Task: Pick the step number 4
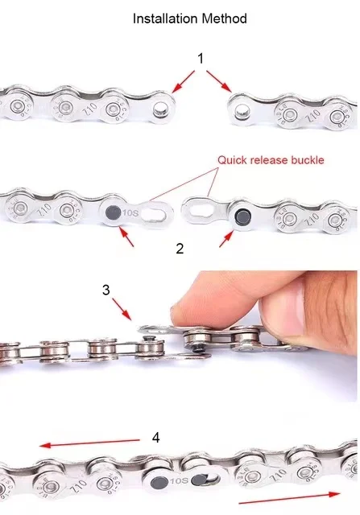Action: (x=155, y=439)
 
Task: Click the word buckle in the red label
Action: (x=306, y=159)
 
